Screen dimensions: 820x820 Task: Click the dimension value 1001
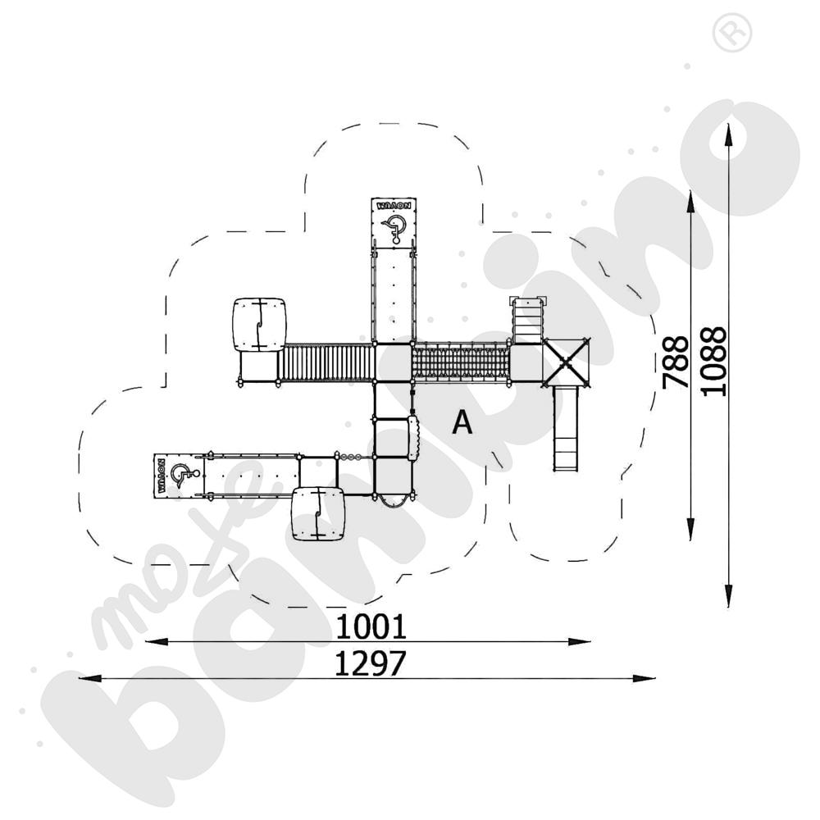371,627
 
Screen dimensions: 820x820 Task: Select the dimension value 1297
371,664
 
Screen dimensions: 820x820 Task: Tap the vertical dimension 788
675,363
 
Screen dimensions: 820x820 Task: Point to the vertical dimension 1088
713,361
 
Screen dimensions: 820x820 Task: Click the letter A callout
462,422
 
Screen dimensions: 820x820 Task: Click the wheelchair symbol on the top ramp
395,227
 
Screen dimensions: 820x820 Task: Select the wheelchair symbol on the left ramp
185,474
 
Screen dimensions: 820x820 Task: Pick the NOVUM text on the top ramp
395,205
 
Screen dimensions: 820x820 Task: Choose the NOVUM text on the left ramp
162,475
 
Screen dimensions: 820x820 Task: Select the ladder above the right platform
528,320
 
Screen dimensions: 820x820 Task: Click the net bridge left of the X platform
460,362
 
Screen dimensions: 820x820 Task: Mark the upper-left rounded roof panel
259,325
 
